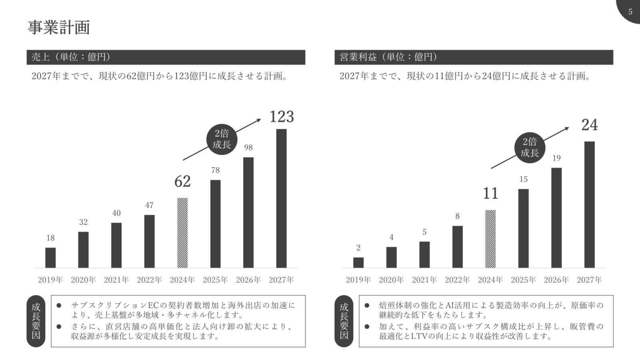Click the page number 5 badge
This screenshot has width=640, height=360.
pos(630,11)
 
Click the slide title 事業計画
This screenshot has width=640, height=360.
pos(59,27)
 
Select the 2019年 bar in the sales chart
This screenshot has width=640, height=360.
pos(50,258)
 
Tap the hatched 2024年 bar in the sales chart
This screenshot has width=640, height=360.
pos(182,233)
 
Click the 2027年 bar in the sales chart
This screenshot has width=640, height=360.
pos(281,198)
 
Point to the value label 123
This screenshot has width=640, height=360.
pos(282,117)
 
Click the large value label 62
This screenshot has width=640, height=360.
pos(182,182)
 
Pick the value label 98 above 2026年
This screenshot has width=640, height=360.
pos(248,148)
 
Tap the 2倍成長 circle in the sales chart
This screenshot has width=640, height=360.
pos(222,139)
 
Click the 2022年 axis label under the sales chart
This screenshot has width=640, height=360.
pos(149,280)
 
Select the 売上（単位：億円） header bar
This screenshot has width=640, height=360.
pos(166,57)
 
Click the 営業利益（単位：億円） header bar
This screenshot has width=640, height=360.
pos(474,57)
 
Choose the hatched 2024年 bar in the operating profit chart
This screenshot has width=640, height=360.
pos(490,239)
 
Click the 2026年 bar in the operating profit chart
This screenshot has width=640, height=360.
pos(556,218)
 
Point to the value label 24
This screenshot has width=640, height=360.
pos(590,125)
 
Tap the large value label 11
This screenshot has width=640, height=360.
pos(490,194)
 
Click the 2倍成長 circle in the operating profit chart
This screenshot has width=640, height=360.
pos(530,148)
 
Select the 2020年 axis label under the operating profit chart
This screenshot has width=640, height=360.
pos(391,280)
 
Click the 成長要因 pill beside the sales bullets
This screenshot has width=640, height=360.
pos(36,321)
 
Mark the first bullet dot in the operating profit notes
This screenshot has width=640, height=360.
pos(367,306)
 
